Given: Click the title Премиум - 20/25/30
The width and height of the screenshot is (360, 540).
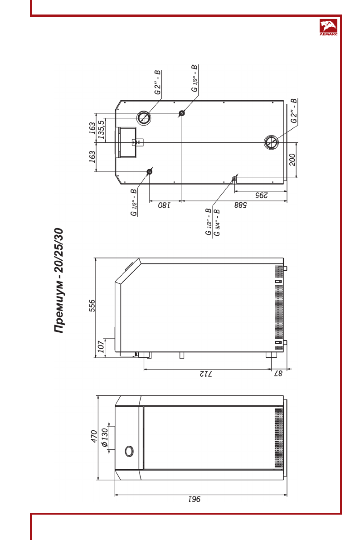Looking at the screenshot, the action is (x=59, y=280).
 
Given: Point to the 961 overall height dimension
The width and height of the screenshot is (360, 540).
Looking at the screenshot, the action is (x=195, y=499).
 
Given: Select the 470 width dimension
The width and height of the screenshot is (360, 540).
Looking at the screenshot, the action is (x=94, y=437).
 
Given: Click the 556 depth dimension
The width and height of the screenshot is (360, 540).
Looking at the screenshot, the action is (x=92, y=306).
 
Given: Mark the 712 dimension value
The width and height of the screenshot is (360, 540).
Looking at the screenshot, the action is (x=206, y=373).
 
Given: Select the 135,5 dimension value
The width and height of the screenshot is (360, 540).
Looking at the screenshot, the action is (x=101, y=129).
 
